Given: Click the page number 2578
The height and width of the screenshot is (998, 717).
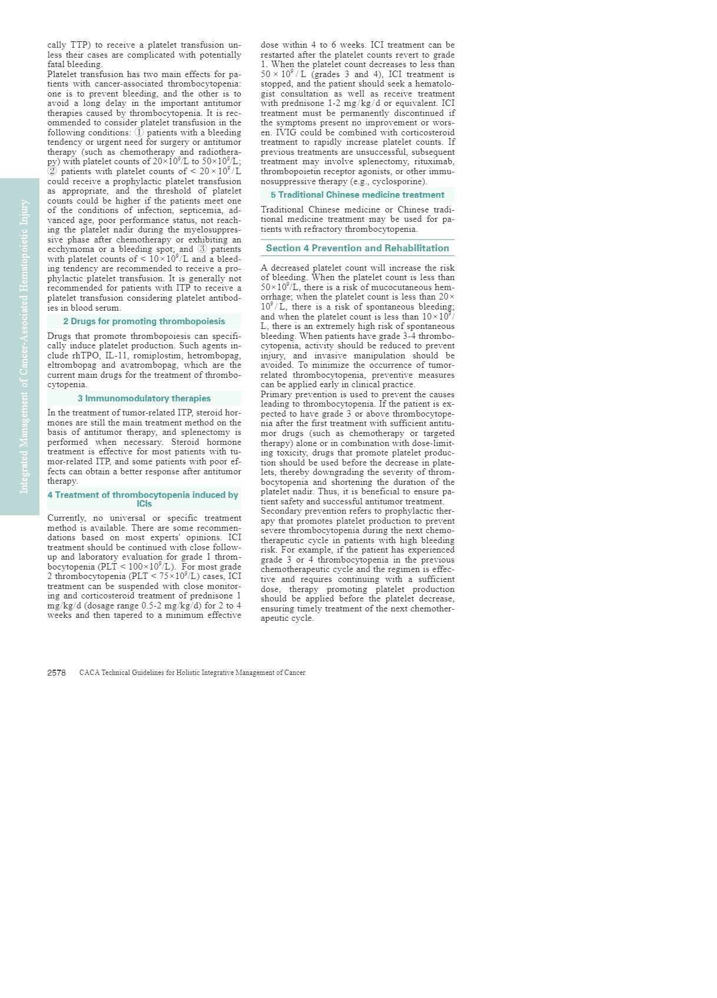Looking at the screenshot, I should [57, 673].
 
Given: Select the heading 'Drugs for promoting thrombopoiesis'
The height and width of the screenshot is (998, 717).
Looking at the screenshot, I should [144, 321].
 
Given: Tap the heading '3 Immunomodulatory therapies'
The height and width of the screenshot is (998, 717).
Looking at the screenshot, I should [144, 398].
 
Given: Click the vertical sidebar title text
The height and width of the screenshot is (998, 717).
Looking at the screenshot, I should [24, 347].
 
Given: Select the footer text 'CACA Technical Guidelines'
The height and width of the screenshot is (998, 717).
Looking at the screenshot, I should [124, 673].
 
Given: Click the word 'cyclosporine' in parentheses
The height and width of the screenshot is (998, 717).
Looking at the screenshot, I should [399, 181].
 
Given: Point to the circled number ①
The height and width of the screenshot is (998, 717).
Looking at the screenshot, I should [140, 132].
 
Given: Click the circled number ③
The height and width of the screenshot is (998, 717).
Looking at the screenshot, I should [202, 249].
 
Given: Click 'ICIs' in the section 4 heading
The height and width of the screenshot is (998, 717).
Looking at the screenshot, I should [144, 504].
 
